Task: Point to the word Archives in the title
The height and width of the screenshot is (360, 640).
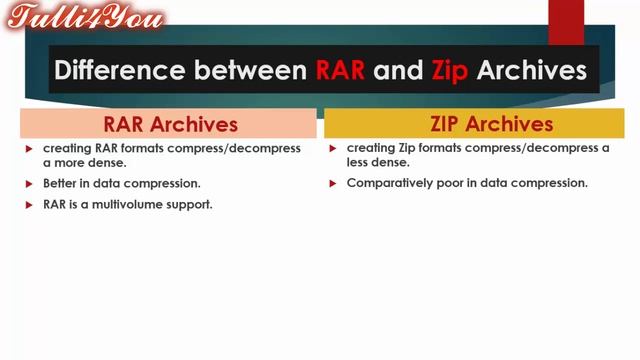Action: click(x=531, y=71)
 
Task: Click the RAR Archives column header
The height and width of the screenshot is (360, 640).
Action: click(x=170, y=124)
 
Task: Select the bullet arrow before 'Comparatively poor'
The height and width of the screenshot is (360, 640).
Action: click(x=334, y=184)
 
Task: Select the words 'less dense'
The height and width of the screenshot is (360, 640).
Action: click(x=377, y=162)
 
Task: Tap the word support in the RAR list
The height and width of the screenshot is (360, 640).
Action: click(x=192, y=204)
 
